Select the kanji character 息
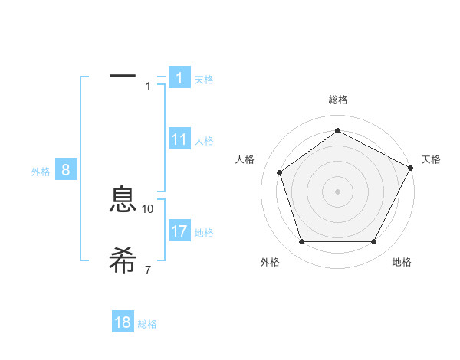pyautogui.click(x=123, y=200)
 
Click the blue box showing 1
pyautogui.click(x=179, y=78)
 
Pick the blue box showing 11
pyautogui.click(x=179, y=139)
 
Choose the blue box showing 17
pyautogui.click(x=179, y=231)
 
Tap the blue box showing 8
pyautogui.click(x=65, y=170)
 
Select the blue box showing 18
pyautogui.click(x=123, y=322)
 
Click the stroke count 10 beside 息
pyautogui.click(x=148, y=208)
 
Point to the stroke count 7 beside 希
pyautogui.click(x=148, y=269)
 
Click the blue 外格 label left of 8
pyautogui.click(x=41, y=172)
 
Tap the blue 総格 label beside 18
pyautogui.click(x=147, y=324)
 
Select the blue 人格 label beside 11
pyautogui.click(x=204, y=141)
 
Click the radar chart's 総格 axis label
pyautogui.click(x=337, y=100)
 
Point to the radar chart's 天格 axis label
pyautogui.click(x=431, y=159)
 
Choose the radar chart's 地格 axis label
pyautogui.click(x=402, y=262)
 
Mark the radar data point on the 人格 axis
pyautogui.click(x=279, y=172)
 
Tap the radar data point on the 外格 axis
pyautogui.click(x=301, y=242)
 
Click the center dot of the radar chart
pyautogui.click(x=337, y=191)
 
